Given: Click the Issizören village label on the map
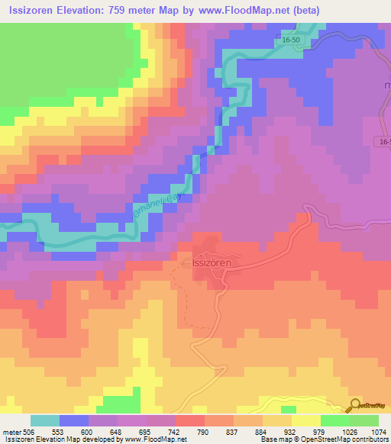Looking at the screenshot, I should [212, 261].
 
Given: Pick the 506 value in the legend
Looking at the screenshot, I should [26, 433].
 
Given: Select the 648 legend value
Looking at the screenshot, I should [118, 433].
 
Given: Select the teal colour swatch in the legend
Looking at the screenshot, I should [45, 420].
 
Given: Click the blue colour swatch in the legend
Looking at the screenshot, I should [74, 420].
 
